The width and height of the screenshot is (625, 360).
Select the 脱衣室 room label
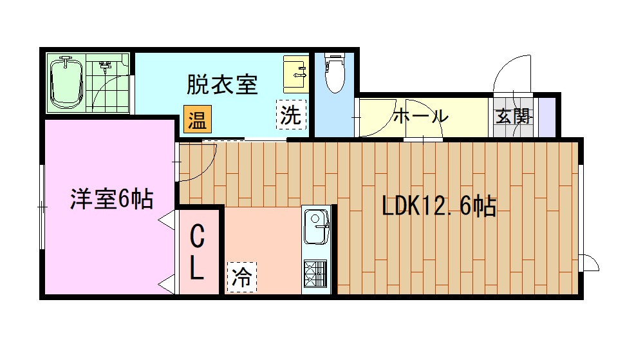coord(222,84)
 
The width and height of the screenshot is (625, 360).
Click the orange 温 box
coord(196,120)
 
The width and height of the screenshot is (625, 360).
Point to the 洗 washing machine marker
coord(290,116)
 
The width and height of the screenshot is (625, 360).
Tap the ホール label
coord(420,117)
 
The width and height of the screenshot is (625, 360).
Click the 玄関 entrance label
coord(513,117)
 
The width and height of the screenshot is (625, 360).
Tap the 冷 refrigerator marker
coord(242,278)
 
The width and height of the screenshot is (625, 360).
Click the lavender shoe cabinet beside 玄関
coord(546,117)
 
